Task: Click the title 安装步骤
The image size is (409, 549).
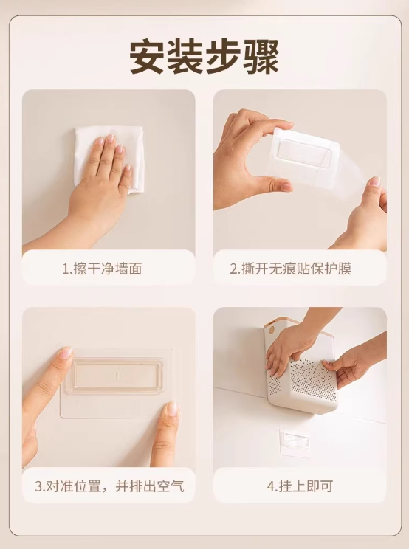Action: tap(205, 57)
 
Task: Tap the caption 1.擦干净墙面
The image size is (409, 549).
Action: tap(102, 269)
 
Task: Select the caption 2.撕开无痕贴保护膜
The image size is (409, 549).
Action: tap(290, 269)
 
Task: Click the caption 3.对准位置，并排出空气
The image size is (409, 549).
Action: tap(109, 486)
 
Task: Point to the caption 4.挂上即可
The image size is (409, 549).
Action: tap(300, 486)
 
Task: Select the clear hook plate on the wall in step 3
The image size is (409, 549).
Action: tap(116, 383)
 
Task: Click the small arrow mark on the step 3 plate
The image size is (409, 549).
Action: tap(115, 377)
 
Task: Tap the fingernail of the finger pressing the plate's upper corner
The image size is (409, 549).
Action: tap(66, 352)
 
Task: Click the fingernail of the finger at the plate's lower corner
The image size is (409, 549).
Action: tap(172, 408)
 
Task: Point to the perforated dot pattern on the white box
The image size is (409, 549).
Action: tap(308, 380)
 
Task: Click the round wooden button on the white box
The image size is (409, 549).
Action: tap(271, 330)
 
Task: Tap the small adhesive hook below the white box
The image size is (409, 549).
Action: tap(295, 441)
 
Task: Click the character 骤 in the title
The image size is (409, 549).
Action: tap(261, 57)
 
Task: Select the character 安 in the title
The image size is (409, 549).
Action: tap(147, 57)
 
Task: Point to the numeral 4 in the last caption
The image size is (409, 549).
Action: tap(270, 487)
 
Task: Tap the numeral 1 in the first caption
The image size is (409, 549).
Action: tap(65, 269)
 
